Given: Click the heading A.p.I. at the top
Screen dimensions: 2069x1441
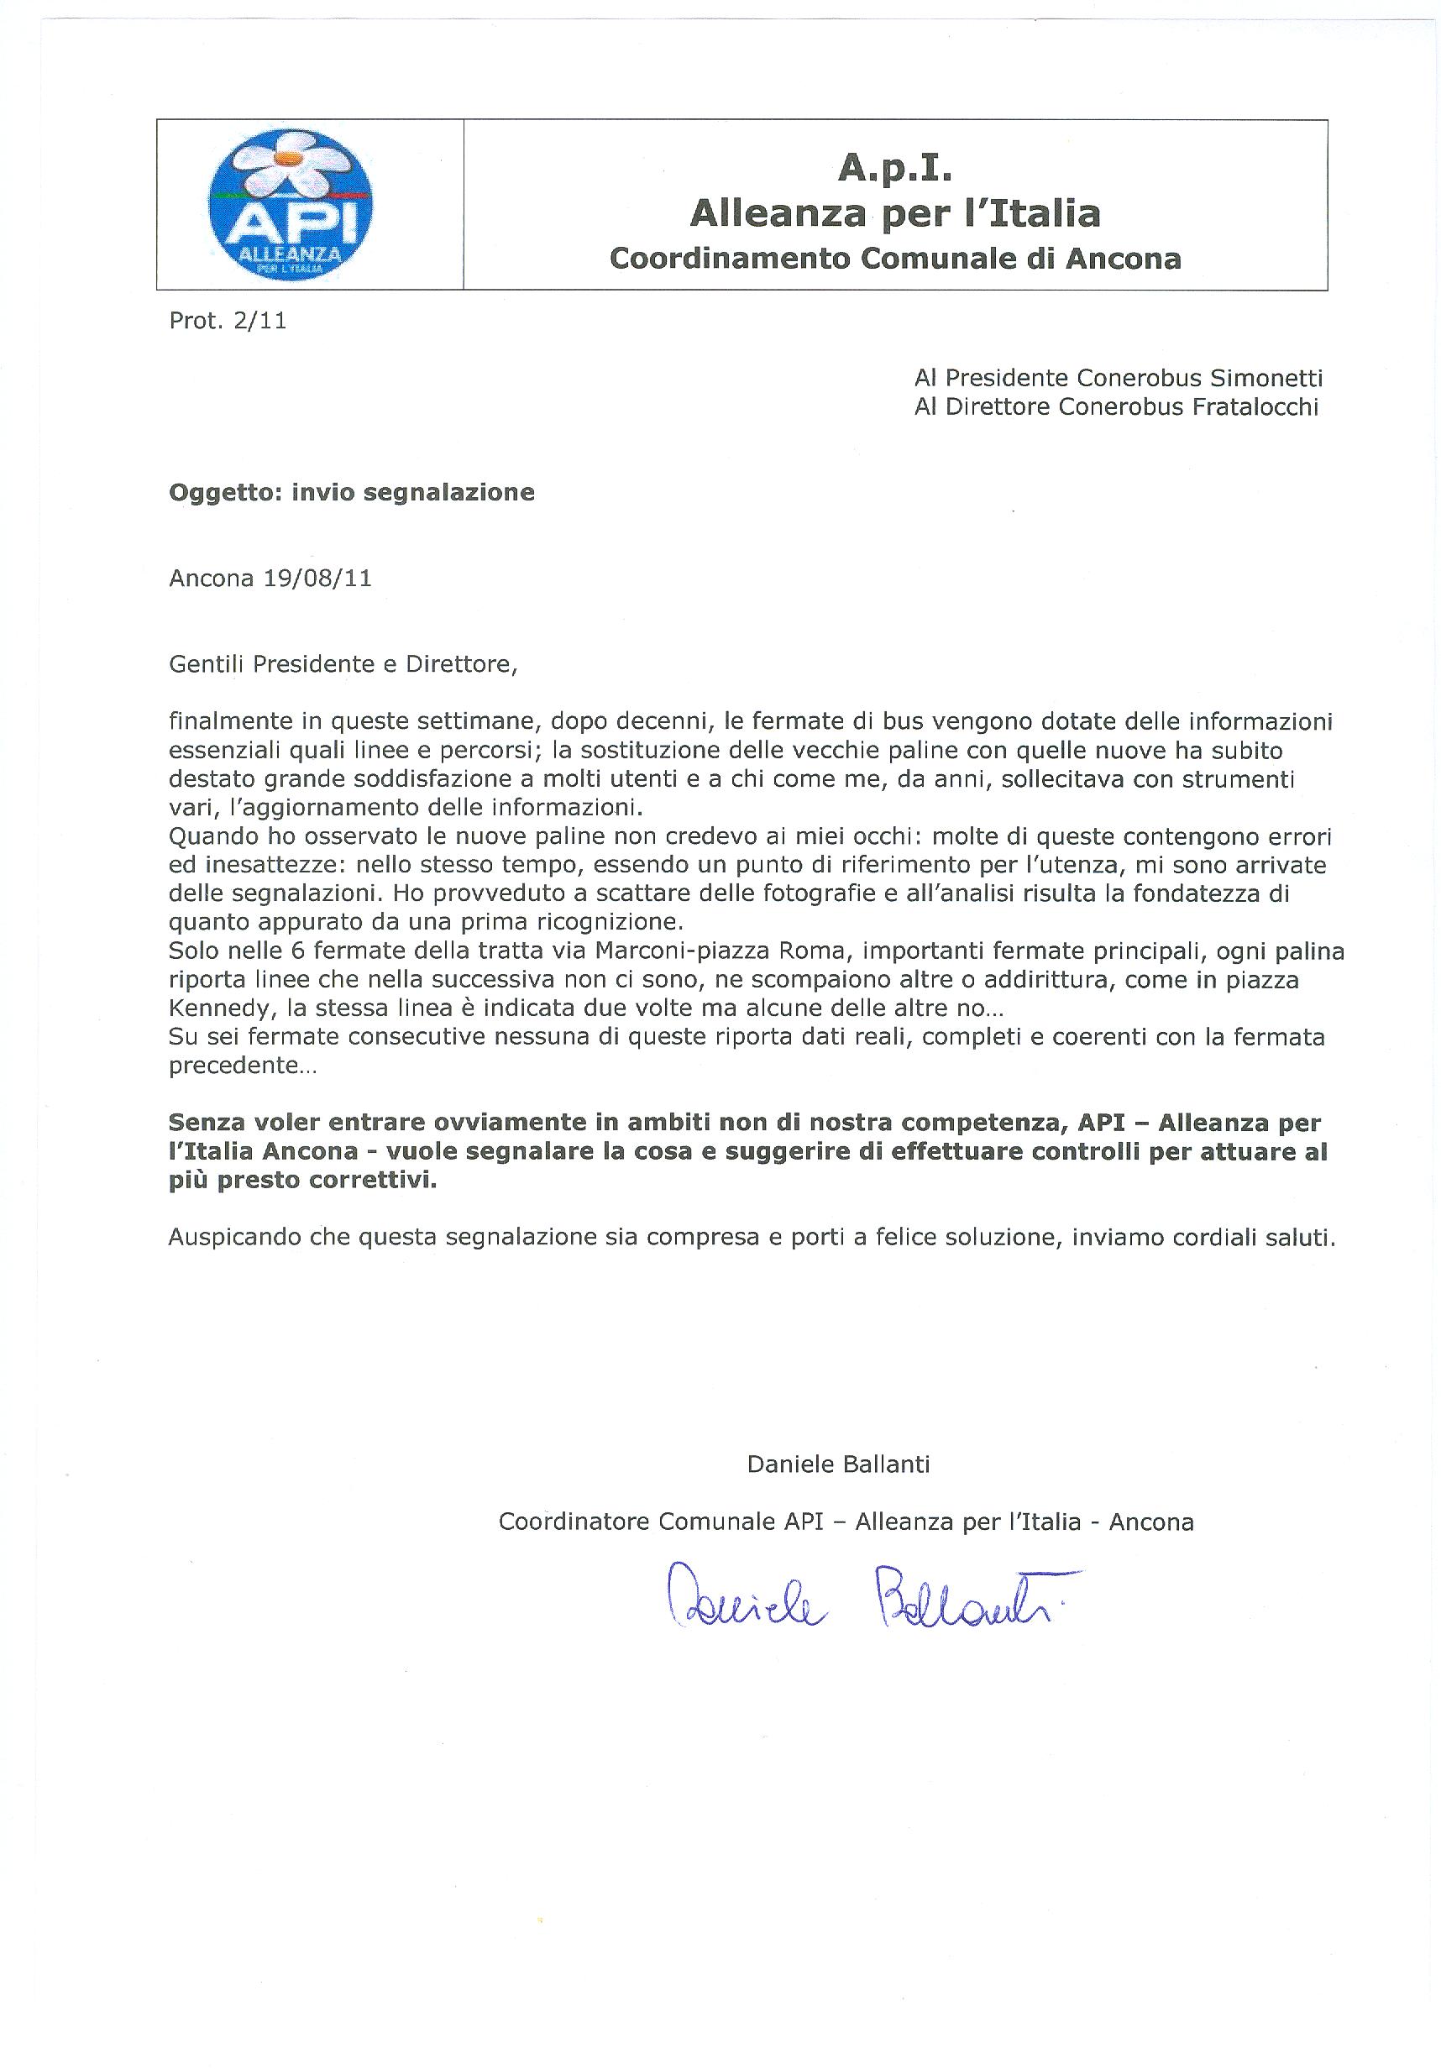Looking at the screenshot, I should (894, 167).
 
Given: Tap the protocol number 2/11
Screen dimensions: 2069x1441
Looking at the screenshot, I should (259, 321).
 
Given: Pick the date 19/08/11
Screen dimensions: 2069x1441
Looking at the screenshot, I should (317, 578).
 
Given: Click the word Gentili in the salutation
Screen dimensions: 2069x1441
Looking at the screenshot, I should (207, 664).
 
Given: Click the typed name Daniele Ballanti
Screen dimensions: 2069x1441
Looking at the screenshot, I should (838, 1464).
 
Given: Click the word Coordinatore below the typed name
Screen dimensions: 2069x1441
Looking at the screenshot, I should (574, 1522).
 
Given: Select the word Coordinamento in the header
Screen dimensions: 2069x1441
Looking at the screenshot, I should (730, 259).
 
